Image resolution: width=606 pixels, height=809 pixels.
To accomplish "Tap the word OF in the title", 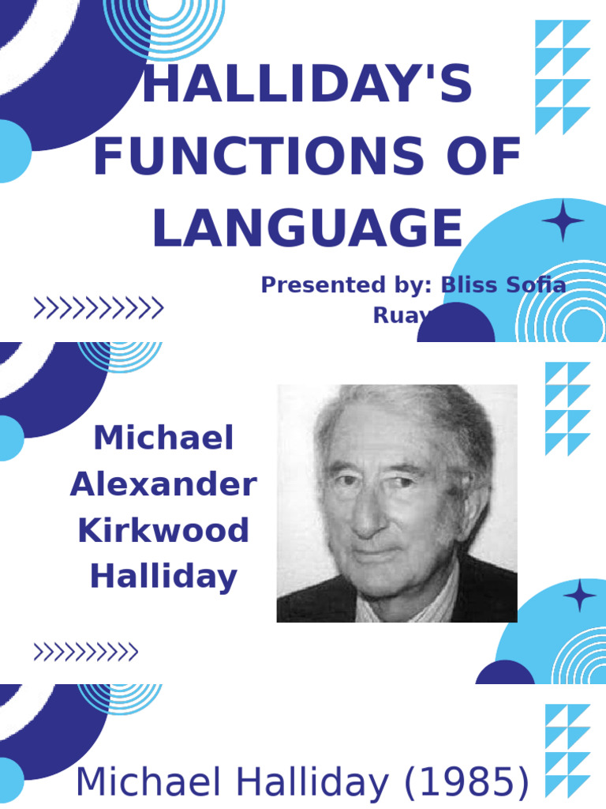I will (491, 157).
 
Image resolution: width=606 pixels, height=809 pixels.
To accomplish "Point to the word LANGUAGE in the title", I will (307, 228).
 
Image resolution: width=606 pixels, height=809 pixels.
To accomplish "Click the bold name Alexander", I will (163, 484).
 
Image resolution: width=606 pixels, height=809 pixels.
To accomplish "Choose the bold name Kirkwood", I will (163, 530).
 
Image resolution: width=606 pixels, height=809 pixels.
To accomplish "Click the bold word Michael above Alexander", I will (163, 438).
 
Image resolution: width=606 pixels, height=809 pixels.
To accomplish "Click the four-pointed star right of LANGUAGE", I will (563, 221).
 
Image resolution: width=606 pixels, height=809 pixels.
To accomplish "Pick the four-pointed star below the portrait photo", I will (580, 595).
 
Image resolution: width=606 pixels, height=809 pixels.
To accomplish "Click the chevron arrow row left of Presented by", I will (99, 308).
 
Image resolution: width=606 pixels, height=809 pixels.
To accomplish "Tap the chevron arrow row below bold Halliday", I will (85, 653).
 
